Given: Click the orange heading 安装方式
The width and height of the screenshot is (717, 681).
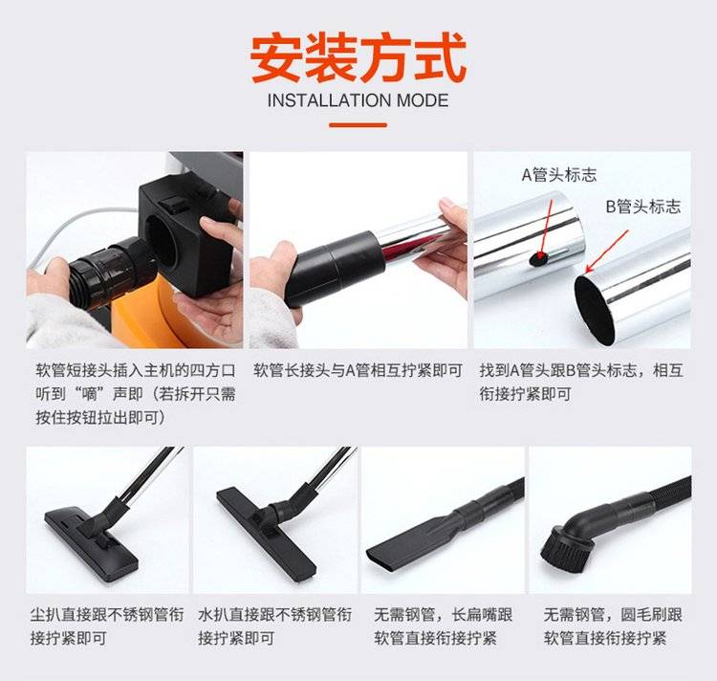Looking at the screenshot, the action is (358, 57).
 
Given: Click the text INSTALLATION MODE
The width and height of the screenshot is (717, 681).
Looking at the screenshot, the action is (358, 100).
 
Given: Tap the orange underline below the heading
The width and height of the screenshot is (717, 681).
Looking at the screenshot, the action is (358, 124).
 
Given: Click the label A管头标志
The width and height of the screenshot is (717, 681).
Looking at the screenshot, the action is (559, 175).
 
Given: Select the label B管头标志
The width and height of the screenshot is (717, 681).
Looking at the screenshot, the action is (643, 207).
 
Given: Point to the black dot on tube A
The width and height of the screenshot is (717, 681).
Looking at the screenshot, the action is (538, 259).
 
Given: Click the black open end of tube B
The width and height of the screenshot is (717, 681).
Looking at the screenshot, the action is (595, 309).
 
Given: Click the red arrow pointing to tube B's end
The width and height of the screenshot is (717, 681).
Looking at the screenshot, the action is (607, 252).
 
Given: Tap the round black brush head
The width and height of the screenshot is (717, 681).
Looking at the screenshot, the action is (565, 550).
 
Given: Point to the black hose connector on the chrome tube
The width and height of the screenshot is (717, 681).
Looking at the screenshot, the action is (335, 269).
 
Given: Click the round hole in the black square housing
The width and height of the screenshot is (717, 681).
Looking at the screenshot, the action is (161, 241).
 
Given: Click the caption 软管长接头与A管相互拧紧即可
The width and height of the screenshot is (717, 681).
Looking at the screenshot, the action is (358, 370).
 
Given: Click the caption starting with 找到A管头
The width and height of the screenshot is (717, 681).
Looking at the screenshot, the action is (581, 382).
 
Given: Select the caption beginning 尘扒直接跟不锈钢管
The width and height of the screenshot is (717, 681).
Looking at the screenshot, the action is (107, 626).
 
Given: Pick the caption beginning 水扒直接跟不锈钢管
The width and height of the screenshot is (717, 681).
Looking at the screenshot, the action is (274, 626).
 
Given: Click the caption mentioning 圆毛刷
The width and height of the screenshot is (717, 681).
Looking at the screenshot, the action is (613, 626).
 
